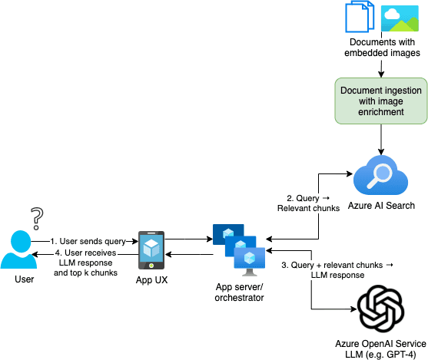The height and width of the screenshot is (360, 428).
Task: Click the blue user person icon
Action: (x=19, y=249)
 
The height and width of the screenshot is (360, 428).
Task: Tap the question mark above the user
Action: (x=37, y=219)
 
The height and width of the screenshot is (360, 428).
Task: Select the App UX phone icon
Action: (x=151, y=250)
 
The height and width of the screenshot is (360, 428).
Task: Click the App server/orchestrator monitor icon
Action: (x=239, y=249)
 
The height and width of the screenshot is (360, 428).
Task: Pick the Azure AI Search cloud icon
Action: (x=381, y=175)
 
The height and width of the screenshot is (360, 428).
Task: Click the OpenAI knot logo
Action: (x=381, y=309)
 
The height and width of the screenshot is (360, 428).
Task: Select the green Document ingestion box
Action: (x=381, y=101)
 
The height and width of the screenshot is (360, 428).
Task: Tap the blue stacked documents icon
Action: (x=360, y=17)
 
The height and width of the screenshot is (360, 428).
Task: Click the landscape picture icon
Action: (x=400, y=18)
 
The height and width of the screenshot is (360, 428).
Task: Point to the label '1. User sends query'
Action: (x=88, y=241)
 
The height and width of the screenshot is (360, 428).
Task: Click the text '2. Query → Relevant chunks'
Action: (x=308, y=203)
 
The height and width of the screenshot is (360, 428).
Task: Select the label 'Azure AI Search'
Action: (x=381, y=206)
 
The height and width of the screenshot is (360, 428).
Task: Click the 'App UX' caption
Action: (x=152, y=280)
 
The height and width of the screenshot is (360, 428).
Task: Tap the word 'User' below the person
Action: (x=25, y=279)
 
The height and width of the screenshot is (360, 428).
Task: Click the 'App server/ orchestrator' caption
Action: (x=239, y=292)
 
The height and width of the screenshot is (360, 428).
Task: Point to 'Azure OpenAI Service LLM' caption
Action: (x=381, y=348)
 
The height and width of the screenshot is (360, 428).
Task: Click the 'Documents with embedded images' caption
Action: (x=382, y=48)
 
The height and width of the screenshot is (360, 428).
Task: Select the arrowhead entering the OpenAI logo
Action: (x=354, y=309)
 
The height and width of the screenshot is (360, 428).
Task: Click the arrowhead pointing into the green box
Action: (x=381, y=74)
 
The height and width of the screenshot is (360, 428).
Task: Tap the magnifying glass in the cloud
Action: (x=380, y=175)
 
